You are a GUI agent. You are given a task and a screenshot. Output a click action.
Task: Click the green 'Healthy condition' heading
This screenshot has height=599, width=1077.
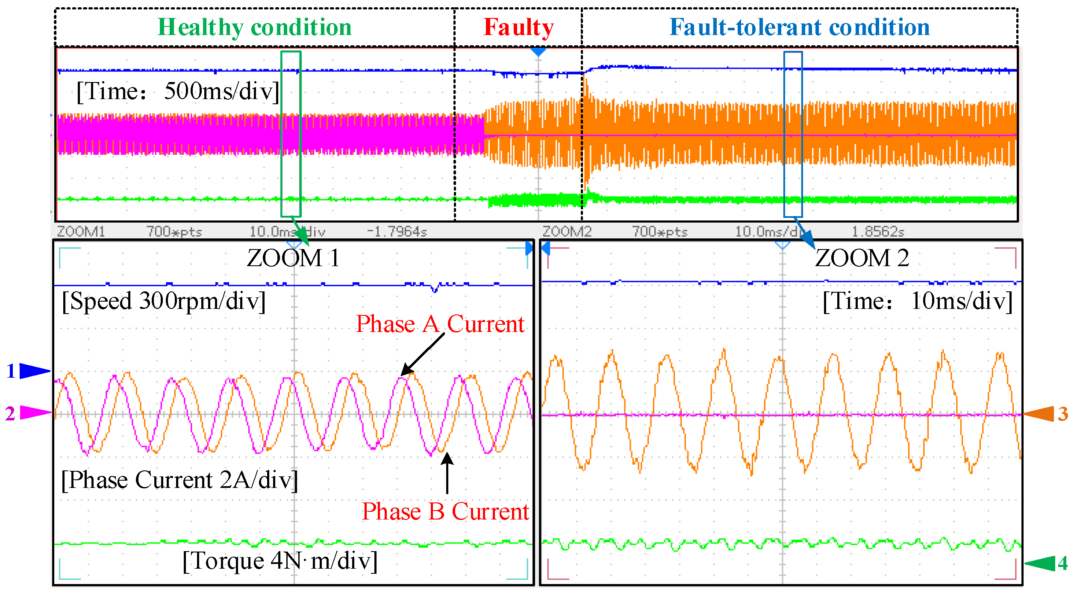click(x=255, y=27)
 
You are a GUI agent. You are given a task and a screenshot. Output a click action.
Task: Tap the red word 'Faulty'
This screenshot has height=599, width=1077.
click(x=518, y=27)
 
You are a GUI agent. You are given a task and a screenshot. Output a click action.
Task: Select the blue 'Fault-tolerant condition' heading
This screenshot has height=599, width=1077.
click(x=799, y=27)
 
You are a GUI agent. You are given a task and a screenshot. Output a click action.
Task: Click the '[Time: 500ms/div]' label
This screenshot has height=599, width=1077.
click(x=178, y=91)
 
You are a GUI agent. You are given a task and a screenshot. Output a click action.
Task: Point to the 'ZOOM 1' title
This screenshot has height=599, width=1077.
click(x=293, y=258)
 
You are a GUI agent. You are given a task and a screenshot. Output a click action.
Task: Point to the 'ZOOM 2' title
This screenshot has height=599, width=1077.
click(x=862, y=258)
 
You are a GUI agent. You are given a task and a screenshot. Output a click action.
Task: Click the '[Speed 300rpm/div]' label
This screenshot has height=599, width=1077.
click(x=164, y=301)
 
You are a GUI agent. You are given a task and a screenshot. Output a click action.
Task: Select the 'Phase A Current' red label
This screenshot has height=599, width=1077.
click(x=440, y=324)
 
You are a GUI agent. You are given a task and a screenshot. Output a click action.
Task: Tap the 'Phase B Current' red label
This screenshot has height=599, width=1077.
click(x=445, y=511)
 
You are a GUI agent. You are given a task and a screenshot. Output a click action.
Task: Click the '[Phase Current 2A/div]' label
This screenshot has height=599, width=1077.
click(x=179, y=480)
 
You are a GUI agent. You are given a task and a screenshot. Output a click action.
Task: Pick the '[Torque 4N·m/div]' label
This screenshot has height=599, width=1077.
click(x=280, y=561)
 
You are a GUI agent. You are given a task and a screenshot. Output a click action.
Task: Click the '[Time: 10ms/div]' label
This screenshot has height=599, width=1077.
click(x=918, y=301)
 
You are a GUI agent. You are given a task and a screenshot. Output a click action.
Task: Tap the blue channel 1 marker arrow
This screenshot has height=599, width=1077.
click(x=34, y=371)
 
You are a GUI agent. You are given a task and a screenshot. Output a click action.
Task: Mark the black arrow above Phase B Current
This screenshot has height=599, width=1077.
click(x=447, y=473)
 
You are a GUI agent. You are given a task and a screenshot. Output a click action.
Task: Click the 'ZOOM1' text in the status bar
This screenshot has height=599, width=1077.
click(x=81, y=232)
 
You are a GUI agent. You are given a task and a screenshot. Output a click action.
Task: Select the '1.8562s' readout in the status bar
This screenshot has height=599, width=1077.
click(x=878, y=232)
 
